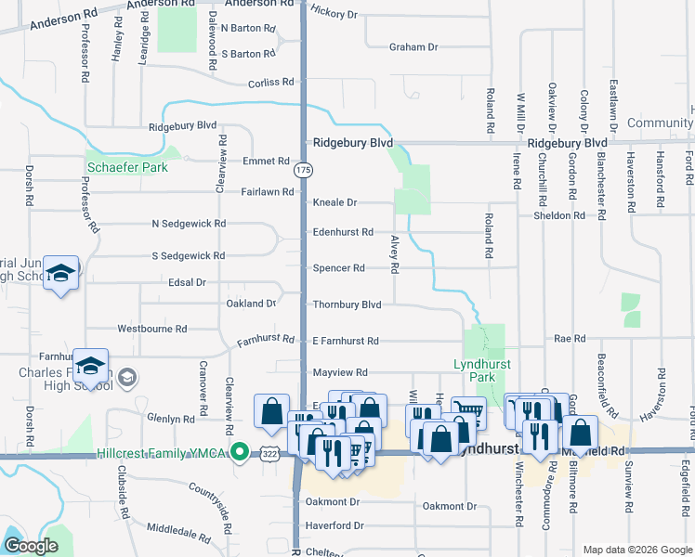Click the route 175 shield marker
[x=303, y=171]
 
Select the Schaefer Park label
[x=127, y=168]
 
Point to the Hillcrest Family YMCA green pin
[x=240, y=453]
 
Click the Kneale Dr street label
[x=334, y=202]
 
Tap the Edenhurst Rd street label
[x=343, y=232]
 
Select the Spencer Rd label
[x=338, y=268]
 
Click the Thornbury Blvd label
[x=347, y=304]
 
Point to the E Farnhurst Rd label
[x=346, y=342]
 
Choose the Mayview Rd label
[x=340, y=371]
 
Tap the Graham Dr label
[x=413, y=46]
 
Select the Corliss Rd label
[x=271, y=84]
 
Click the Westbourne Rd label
[x=152, y=329]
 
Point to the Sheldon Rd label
[x=559, y=215]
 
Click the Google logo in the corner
[x=32, y=547]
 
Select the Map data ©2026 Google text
[x=636, y=550]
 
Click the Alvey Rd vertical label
[x=395, y=253]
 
